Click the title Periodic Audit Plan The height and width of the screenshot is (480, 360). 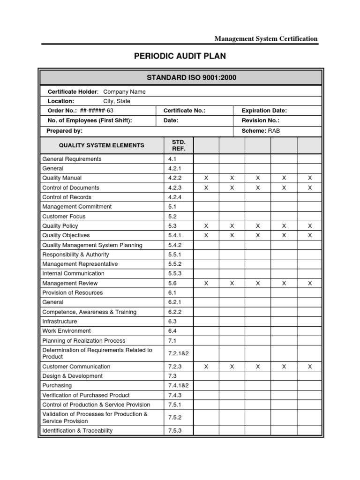pyautogui.click(x=180, y=56)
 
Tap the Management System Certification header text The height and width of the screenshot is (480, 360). pyautogui.click(x=266, y=39)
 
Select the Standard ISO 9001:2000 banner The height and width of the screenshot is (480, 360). pyautogui.click(x=180, y=77)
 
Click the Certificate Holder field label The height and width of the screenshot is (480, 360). pyautogui.click(x=72, y=92)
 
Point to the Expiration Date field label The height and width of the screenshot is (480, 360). pyautogui.click(x=264, y=111)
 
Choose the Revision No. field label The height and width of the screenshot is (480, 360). pyautogui.click(x=260, y=120)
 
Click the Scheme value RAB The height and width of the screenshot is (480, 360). pyautogui.click(x=274, y=131)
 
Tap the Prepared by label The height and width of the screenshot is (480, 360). pyautogui.click(x=65, y=131)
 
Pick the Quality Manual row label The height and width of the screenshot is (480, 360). pyautogui.click(x=62, y=178)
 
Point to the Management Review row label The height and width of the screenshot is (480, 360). pyautogui.click(x=70, y=283)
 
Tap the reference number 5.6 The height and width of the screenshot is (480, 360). pyautogui.click(x=172, y=283)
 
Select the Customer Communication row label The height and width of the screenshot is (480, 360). pyautogui.click(x=76, y=367)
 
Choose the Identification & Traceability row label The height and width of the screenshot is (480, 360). pyautogui.click(x=77, y=430)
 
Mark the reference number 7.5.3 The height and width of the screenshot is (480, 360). pyautogui.click(x=174, y=430)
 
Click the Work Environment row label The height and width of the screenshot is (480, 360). pyautogui.click(x=67, y=331)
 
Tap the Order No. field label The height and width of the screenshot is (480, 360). pyautogui.click(x=62, y=111)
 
